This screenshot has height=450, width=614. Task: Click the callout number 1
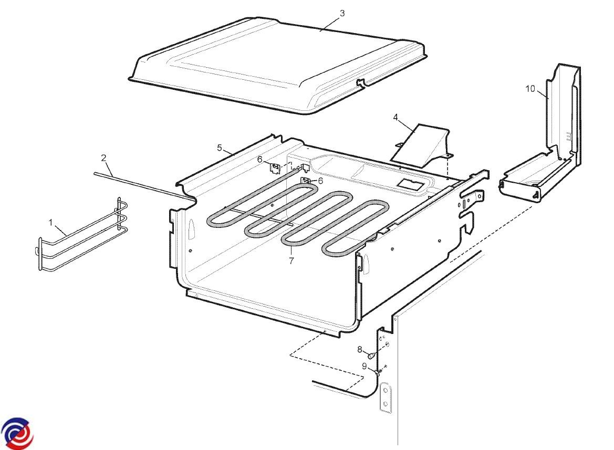[x=50, y=223]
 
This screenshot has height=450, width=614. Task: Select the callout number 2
[x=103, y=158]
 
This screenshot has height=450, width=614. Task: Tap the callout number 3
[x=342, y=13]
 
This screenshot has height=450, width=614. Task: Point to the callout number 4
[x=395, y=117]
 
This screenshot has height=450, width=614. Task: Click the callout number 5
[x=220, y=148]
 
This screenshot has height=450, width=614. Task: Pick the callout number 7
[x=291, y=260]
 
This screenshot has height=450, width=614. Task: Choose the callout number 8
[x=359, y=349]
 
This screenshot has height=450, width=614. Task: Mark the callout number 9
[x=364, y=367]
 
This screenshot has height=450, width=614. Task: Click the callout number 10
[x=530, y=89]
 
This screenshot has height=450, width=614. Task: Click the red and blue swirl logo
[x=17, y=434]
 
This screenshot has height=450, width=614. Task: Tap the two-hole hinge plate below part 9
[x=386, y=397]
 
